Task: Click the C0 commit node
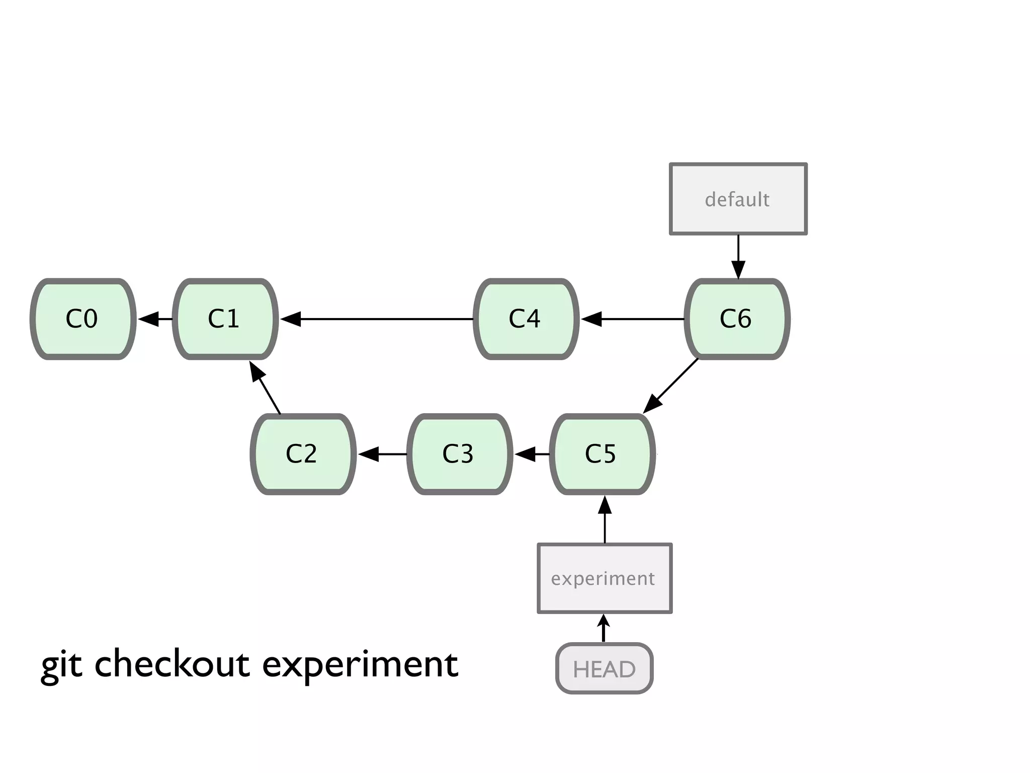83,319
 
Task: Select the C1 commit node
225,319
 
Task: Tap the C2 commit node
303,454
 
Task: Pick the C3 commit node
459,454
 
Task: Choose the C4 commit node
526,319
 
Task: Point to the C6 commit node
737,319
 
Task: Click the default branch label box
738,199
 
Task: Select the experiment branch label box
605,578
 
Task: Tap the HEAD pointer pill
604,669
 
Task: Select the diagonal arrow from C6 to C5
671,385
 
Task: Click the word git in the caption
61,665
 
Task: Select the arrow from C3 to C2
382,454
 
